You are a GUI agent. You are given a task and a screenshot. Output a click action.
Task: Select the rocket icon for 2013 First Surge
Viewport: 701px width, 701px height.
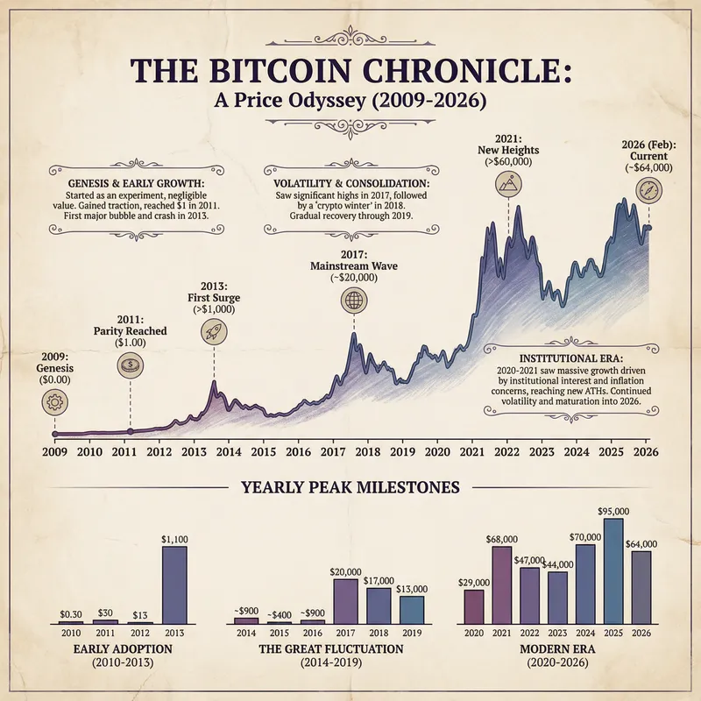pyautogui.click(x=214, y=330)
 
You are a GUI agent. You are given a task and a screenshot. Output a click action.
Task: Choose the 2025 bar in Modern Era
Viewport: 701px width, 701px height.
pyautogui.click(x=613, y=570)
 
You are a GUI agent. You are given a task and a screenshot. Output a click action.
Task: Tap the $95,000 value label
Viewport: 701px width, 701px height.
pyautogui.click(x=613, y=511)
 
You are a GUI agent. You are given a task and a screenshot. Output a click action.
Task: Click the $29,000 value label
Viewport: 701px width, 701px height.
pyautogui.click(x=473, y=582)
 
